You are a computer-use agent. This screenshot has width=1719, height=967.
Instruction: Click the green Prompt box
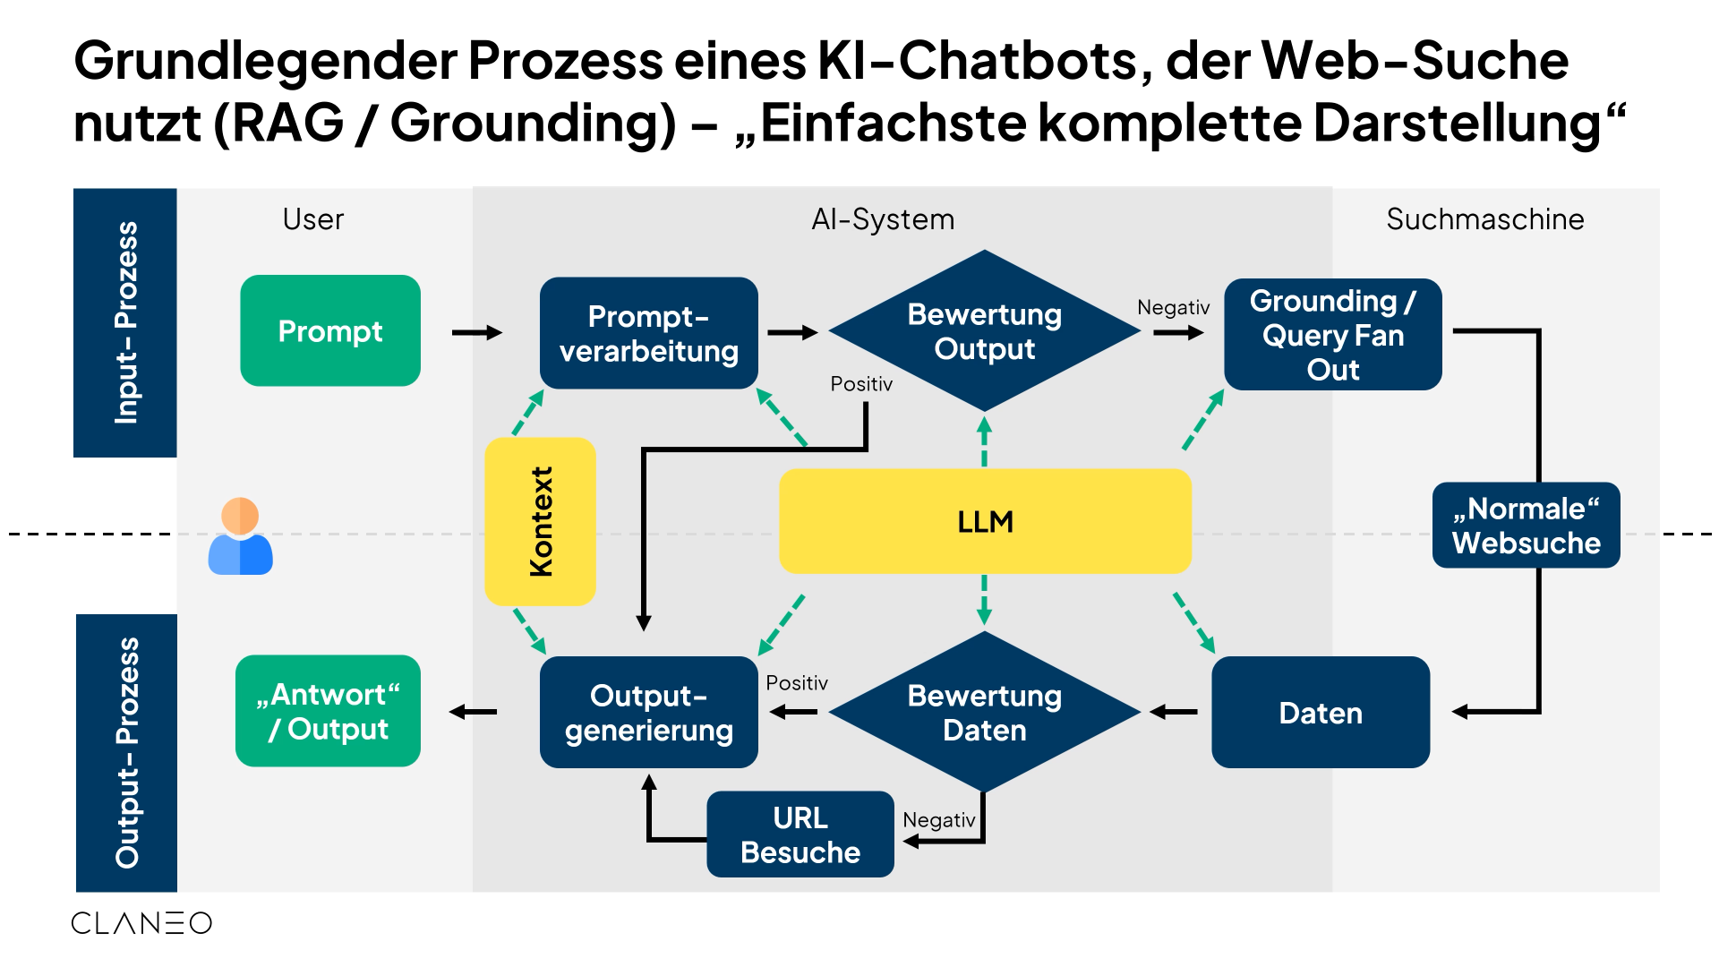point(330,331)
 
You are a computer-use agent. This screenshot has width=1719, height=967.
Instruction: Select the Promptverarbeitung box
point(648,333)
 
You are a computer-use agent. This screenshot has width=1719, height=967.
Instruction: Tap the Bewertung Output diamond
point(984,331)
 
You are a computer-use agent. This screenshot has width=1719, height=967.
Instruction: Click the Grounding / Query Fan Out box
point(1332,334)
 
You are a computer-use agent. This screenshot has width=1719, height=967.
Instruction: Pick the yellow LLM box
point(985,521)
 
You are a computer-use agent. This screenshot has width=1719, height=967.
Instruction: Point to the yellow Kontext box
point(540,521)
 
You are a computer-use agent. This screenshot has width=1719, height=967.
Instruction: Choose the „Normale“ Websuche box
point(1526,526)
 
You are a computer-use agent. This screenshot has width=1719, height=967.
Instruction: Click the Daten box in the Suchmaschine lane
point(1320,713)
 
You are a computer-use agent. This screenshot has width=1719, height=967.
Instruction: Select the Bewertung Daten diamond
point(984,713)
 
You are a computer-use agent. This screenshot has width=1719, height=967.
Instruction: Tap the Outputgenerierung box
point(648,713)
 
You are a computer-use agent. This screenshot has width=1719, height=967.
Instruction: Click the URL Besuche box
point(800,834)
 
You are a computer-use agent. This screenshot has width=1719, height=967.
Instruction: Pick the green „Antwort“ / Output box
point(328,711)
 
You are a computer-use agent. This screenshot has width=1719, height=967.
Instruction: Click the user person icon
point(240,536)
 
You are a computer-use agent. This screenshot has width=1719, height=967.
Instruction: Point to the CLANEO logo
point(141,923)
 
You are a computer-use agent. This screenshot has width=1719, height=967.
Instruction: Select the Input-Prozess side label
point(125,322)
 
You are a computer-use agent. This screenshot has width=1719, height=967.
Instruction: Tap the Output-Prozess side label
point(126,752)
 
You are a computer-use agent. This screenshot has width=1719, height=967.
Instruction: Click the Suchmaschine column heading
point(1484,219)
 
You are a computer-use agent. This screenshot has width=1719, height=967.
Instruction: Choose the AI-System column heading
point(883,219)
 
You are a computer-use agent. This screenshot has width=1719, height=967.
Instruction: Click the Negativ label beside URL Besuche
point(938,820)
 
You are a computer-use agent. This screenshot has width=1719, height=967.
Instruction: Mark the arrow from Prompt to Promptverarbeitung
point(477,333)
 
